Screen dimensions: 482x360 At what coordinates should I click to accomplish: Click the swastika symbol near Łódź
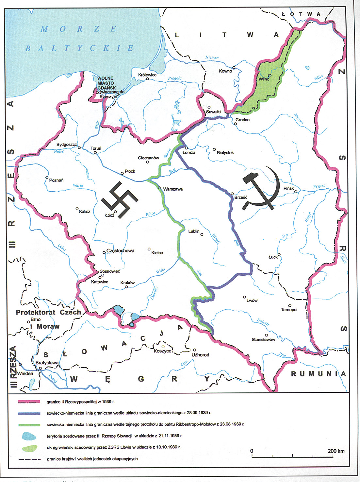[x=120, y=200]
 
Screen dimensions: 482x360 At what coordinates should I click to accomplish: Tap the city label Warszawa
[x=173, y=189]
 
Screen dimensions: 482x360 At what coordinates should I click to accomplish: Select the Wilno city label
[x=264, y=79]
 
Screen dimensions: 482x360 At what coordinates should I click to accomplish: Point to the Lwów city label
[x=252, y=300]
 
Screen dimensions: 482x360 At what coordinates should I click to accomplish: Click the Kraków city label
[x=127, y=283]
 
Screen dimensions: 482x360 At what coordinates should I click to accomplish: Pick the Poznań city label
[x=56, y=180]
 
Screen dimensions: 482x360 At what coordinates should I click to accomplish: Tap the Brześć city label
[x=241, y=197]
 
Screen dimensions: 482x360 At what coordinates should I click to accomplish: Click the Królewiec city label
[x=147, y=75]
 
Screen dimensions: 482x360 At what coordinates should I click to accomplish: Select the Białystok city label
[x=225, y=153]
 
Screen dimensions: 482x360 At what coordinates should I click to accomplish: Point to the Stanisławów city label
[x=263, y=339]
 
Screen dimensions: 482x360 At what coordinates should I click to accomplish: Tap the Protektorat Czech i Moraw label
[x=48, y=319]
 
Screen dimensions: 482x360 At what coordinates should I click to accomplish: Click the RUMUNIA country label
[x=318, y=373]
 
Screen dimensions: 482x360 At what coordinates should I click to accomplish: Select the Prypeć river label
[x=319, y=186]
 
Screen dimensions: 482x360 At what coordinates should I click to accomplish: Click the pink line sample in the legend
[x=29, y=402]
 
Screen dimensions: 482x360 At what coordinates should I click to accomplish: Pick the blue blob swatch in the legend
[x=29, y=436]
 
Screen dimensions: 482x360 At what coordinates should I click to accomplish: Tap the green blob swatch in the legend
[x=29, y=448]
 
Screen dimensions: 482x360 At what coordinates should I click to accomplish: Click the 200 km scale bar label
[x=336, y=451]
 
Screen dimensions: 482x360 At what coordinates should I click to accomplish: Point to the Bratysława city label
[x=47, y=363]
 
